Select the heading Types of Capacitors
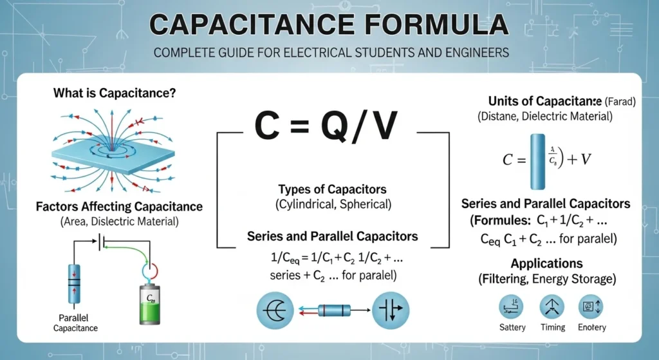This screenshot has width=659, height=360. pyautogui.click(x=332, y=190)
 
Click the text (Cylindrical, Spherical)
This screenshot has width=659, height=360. pyautogui.click(x=332, y=205)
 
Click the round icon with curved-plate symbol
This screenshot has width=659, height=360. pyautogui.click(x=275, y=310)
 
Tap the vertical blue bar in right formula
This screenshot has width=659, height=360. pyautogui.click(x=538, y=160)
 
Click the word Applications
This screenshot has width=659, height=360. pyautogui.click(x=546, y=263)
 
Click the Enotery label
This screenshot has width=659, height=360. pyautogui.click(x=592, y=327)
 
